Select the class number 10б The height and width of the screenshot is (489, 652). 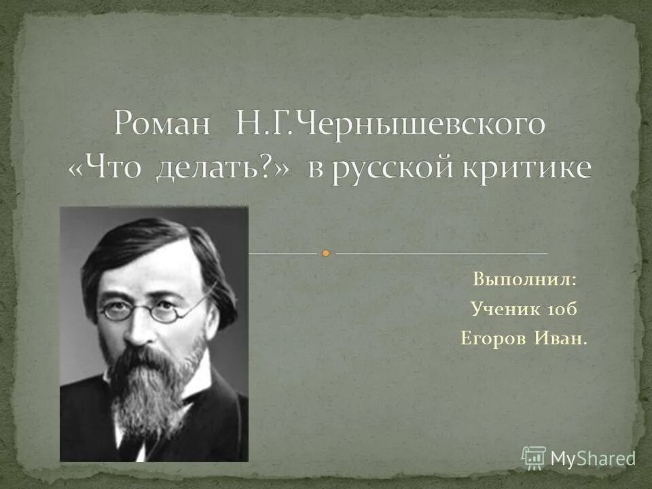[560, 309]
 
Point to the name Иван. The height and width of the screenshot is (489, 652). [563, 339]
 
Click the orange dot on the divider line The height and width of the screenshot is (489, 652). [326, 253]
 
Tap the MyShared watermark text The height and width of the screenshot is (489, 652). [593, 458]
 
